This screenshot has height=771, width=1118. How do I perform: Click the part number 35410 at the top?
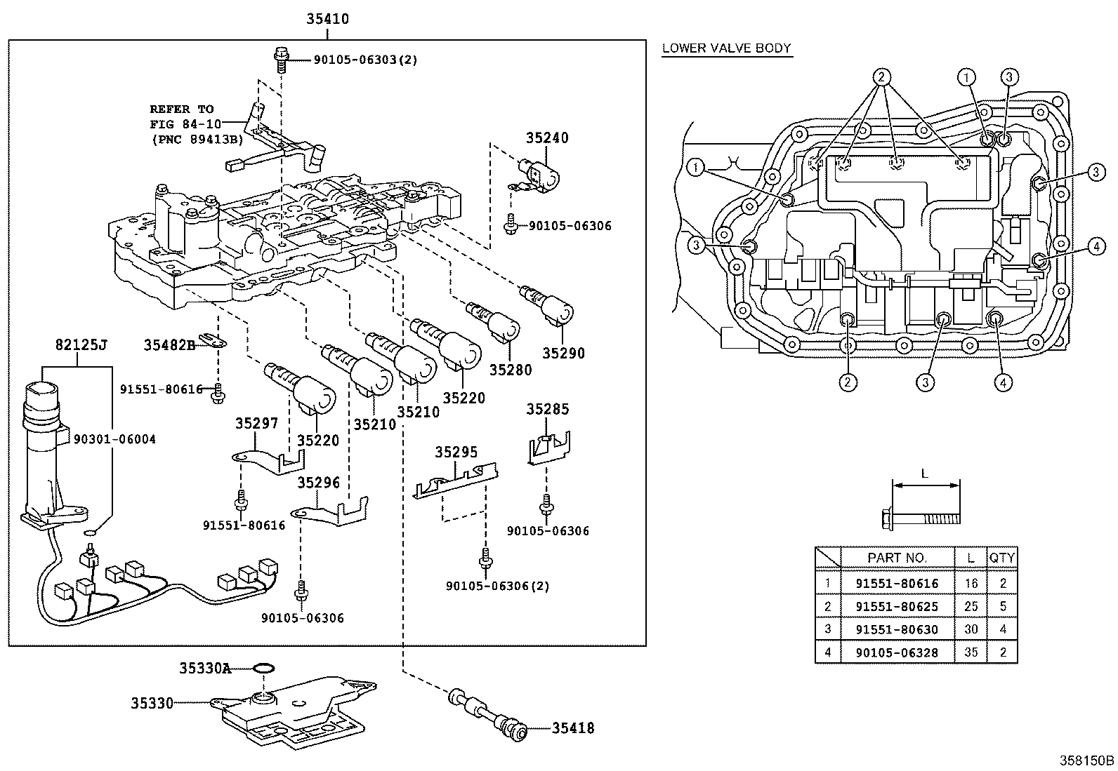[x=327, y=19]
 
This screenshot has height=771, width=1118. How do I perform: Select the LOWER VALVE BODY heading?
[x=727, y=48]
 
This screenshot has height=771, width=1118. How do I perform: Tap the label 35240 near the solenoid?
[x=547, y=138]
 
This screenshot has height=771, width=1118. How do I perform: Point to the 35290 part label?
[x=563, y=353]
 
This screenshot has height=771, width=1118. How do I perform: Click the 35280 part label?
[x=511, y=370]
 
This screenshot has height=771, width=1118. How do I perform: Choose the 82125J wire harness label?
[x=81, y=344]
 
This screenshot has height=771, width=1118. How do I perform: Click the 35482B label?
[x=170, y=345]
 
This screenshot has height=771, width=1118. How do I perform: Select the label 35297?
[x=256, y=423]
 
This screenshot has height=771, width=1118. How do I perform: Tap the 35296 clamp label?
[x=318, y=482]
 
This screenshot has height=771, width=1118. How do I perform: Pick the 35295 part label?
[x=456, y=452]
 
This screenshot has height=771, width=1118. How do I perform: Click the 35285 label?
[x=548, y=409]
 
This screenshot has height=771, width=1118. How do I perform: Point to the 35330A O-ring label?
[x=205, y=669]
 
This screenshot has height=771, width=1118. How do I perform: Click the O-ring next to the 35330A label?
[x=263, y=668]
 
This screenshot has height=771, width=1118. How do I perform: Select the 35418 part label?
[x=573, y=728]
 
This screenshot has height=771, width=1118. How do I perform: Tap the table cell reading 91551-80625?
[x=897, y=606]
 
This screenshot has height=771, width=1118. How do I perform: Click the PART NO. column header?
[x=897, y=558]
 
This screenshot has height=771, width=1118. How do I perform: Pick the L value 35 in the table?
[x=971, y=652]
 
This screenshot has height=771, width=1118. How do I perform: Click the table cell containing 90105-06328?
[x=897, y=652]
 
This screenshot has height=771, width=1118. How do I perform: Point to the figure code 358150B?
[x=1086, y=760]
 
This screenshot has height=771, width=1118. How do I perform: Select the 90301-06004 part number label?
[x=114, y=439]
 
